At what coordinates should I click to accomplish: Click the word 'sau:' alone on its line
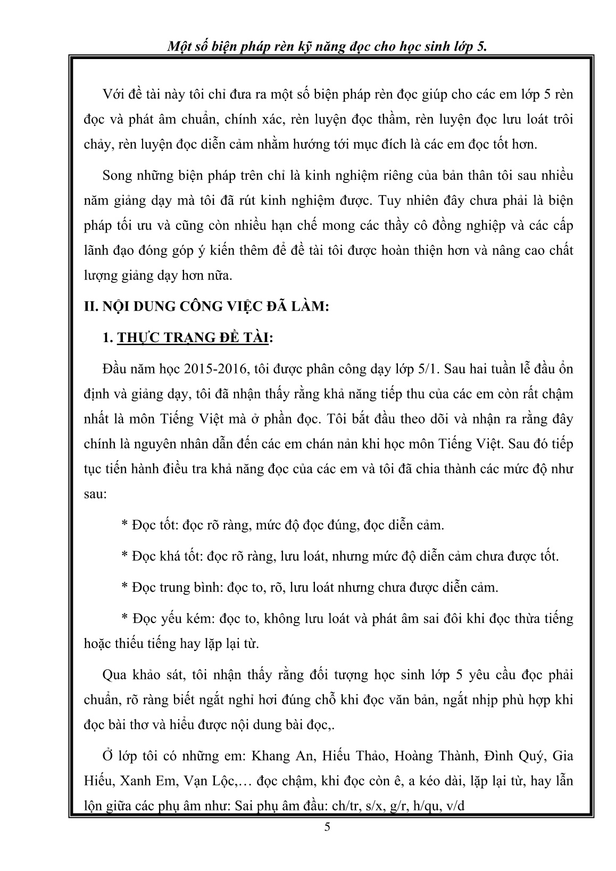click(96, 494)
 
